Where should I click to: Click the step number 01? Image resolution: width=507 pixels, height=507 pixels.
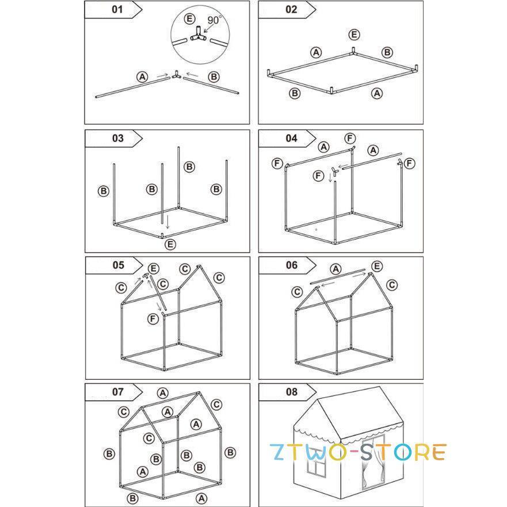click(x=117, y=9)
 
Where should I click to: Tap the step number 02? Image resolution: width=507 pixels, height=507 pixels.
click(x=291, y=9)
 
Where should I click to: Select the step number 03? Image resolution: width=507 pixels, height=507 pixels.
click(x=118, y=138)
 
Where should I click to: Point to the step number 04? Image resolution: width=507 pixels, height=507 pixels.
click(x=291, y=138)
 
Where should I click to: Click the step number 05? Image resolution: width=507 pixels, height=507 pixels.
click(x=119, y=265)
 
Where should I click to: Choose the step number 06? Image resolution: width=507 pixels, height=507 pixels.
click(x=292, y=265)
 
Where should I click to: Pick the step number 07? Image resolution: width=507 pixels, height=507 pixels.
click(x=118, y=392)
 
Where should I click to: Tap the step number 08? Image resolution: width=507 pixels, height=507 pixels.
click(x=291, y=392)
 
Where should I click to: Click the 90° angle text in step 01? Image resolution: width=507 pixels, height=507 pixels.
click(x=214, y=20)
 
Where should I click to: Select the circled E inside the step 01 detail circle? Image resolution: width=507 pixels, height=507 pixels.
click(x=189, y=19)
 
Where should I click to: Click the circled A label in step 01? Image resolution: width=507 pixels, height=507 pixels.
click(x=142, y=77)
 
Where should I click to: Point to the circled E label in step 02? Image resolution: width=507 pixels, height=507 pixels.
click(x=354, y=35)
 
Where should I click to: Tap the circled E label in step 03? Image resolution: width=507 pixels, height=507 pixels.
click(x=170, y=244)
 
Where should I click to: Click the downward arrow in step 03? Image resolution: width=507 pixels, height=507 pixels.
click(x=167, y=222)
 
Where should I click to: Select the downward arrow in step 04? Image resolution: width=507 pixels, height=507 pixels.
click(x=330, y=177)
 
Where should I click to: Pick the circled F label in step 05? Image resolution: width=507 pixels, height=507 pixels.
click(x=153, y=319)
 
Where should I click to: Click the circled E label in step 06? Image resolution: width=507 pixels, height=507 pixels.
click(x=377, y=266)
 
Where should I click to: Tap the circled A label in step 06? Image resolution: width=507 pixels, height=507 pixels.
click(x=336, y=269)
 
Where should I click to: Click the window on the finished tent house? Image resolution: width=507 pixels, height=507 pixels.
click(x=317, y=466)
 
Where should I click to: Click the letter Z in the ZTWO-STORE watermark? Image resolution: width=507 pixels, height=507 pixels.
click(x=279, y=452)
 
